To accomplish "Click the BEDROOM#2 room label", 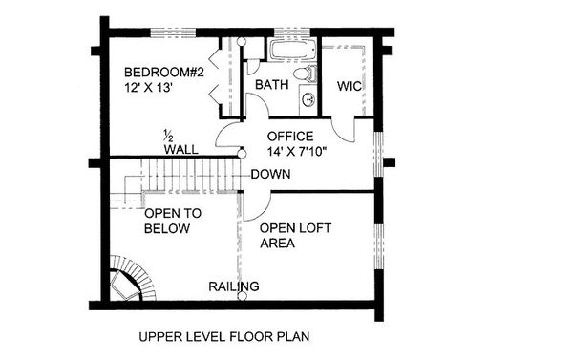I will pos(159,73).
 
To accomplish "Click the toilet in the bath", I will pos(301,74).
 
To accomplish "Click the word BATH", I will pos(271,86).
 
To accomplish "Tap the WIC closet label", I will pos(349,86).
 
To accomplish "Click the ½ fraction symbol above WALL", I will pos(167,134).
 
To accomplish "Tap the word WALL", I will pos(180,150).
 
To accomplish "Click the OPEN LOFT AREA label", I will pos(289,236).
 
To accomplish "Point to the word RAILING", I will pos(234,286).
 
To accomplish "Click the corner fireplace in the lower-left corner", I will pos(124,284).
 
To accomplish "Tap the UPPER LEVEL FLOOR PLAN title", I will pos(223,336).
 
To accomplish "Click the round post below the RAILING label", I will pos(243,297).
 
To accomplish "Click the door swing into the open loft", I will pos(254,203).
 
